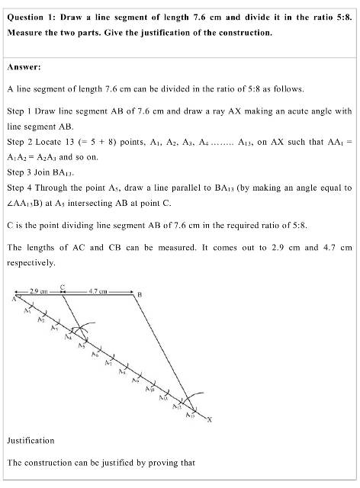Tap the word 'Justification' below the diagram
[x=30, y=440]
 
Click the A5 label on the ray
[x=81, y=345]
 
